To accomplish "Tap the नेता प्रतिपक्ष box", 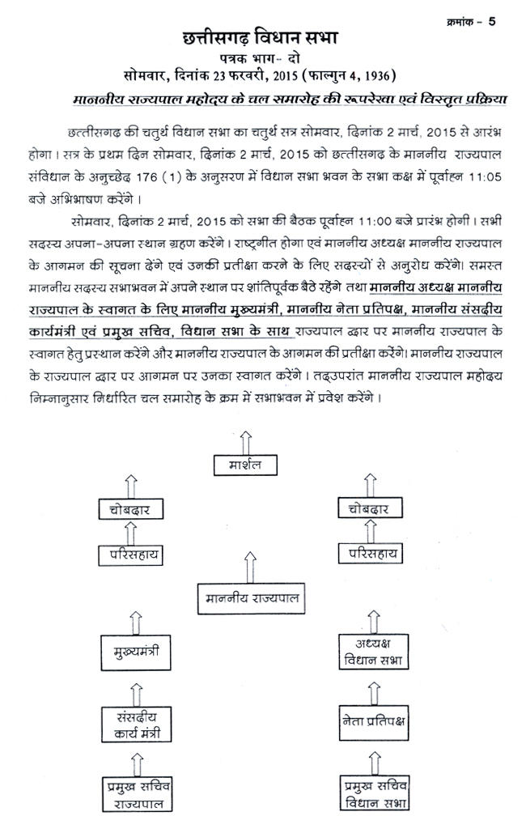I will [x=373, y=719].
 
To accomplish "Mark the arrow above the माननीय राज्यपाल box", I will [x=245, y=567].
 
